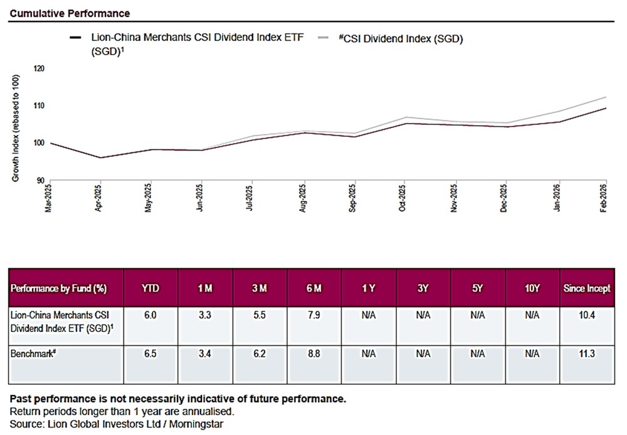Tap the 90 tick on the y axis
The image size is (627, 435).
40,180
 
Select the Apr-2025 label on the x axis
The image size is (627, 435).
99,198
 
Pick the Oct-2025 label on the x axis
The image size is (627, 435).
402,198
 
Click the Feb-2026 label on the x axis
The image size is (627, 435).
604,198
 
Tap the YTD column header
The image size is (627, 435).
150,289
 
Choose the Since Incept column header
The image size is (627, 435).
587,289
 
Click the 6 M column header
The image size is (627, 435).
314,289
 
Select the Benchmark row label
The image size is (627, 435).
33,353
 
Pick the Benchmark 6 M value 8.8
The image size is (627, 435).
314,353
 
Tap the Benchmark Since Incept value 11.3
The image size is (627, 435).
587,353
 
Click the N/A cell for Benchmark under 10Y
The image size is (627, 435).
532,353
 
